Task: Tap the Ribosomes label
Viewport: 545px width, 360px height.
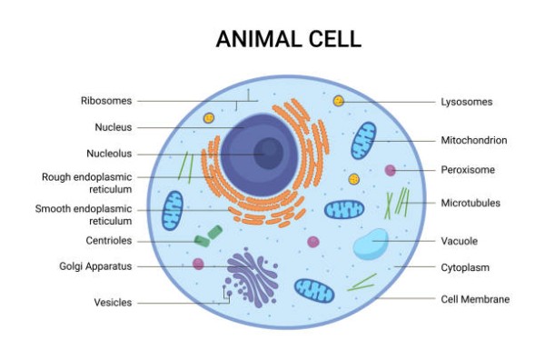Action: [x=106, y=101]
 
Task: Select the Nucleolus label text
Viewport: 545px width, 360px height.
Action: [x=109, y=154]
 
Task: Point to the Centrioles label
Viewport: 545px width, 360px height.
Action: [x=109, y=240]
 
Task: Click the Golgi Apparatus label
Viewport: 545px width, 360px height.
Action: [x=95, y=266]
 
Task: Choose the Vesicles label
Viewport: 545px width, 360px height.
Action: [x=113, y=302]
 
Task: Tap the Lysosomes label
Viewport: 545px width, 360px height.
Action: [x=467, y=102]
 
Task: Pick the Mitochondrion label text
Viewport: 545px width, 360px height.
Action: [x=474, y=140]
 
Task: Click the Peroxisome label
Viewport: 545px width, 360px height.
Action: [x=468, y=170]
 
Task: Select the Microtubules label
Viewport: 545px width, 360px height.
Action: [x=471, y=203]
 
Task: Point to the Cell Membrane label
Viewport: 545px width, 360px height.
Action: [x=475, y=299]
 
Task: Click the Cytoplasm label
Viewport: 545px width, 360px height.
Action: [x=465, y=267]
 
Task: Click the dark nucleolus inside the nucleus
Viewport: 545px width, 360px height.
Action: [x=268, y=154]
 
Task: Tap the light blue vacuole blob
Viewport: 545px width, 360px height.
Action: [x=371, y=245]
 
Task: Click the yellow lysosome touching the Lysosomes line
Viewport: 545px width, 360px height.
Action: [x=339, y=101]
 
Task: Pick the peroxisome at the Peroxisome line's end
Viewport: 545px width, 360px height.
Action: [x=390, y=170]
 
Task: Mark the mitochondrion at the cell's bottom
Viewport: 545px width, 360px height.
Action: [x=314, y=290]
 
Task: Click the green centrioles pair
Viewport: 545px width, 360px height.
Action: [x=208, y=236]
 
